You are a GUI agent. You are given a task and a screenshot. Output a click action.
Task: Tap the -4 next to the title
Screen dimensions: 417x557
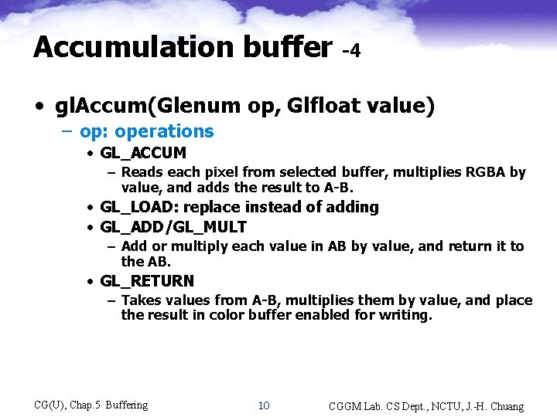coord(351,52)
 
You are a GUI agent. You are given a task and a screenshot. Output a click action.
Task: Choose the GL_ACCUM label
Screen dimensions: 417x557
coord(143,154)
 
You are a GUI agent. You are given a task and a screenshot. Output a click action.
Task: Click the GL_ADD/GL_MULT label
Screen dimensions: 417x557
coord(173,227)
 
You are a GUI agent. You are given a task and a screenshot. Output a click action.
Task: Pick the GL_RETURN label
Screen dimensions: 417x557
coord(147,281)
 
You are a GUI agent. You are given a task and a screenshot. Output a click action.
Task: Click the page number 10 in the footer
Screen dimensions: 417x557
coord(264,405)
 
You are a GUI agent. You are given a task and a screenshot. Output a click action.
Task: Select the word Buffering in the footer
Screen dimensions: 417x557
coord(126,405)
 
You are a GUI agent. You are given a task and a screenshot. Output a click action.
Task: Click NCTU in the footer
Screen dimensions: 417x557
coord(437,406)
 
